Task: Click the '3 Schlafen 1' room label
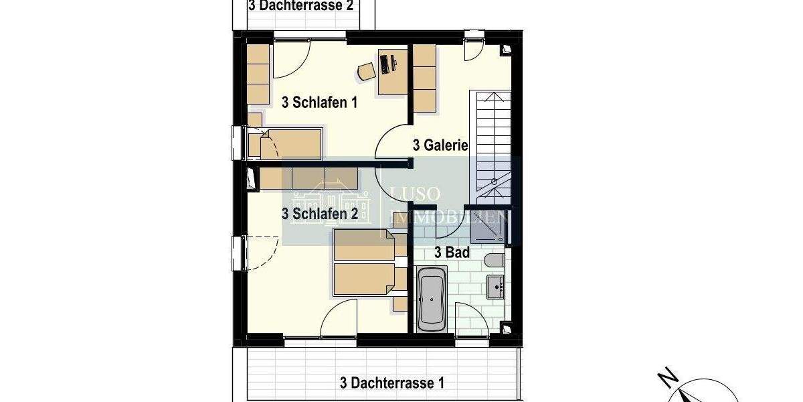[x=320, y=103]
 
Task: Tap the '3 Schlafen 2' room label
[x=320, y=214]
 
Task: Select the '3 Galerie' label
[x=440, y=145]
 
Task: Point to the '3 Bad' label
[x=452, y=253]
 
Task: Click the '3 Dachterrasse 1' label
[x=392, y=383]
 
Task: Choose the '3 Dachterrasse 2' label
[x=300, y=6]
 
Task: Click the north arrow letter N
[x=665, y=379]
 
